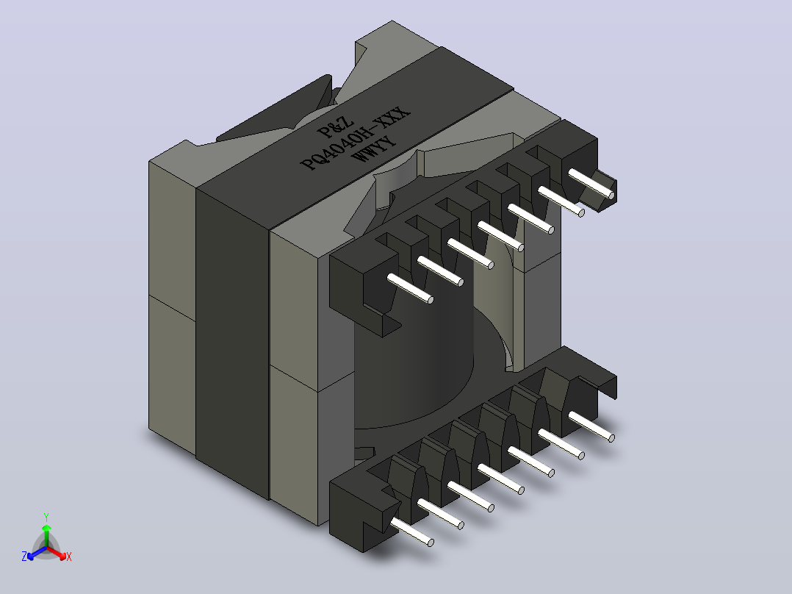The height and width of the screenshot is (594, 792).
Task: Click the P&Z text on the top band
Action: [x=335, y=127]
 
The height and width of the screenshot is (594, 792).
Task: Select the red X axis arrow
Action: [x=57, y=553]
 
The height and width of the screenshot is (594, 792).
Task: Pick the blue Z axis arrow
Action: [x=37, y=553]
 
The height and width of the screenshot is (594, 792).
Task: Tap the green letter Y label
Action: [x=46, y=518]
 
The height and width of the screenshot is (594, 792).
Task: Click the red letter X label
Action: [x=69, y=557]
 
